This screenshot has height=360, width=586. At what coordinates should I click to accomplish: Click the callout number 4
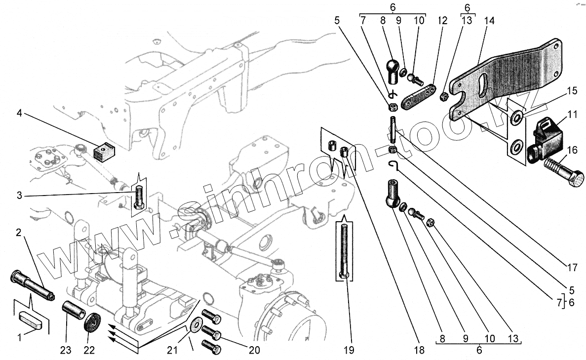(x=19, y=113)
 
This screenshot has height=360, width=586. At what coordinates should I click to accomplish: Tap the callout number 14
(x=489, y=21)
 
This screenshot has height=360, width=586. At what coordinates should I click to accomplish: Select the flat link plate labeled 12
(x=418, y=96)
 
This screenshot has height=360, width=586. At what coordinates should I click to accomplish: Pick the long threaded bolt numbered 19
(x=344, y=252)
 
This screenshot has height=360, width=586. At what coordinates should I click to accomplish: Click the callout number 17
(x=572, y=268)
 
